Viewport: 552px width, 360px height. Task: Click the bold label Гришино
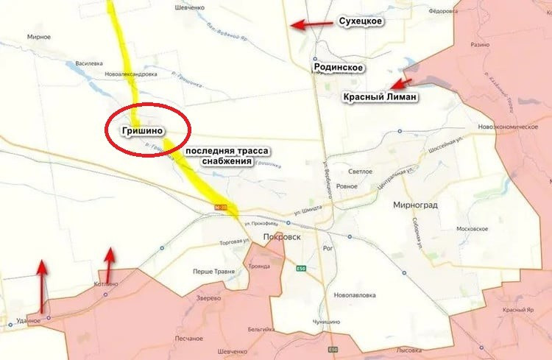(133, 131)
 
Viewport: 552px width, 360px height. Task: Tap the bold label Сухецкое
(359, 21)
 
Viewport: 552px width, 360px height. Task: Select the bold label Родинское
(339, 68)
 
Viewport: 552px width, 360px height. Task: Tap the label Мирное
(38, 36)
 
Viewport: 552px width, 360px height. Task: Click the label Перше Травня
(213, 272)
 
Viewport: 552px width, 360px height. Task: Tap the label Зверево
(209, 298)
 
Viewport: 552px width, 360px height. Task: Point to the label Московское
(472, 229)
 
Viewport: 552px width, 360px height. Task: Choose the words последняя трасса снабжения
(227, 155)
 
